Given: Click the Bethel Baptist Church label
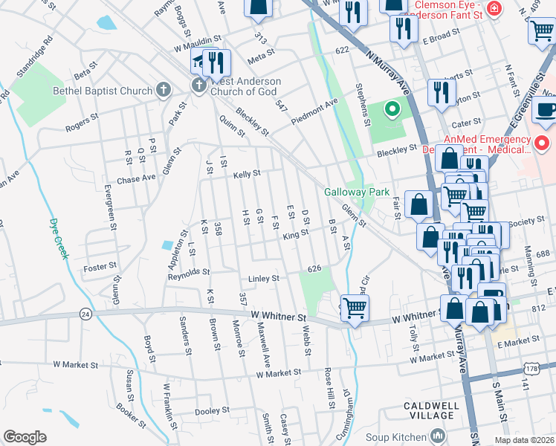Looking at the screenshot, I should click(102, 91).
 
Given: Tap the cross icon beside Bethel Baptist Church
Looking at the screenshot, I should click(164, 91).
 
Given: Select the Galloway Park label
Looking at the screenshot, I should click(357, 192).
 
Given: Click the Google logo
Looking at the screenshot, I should click(25, 436).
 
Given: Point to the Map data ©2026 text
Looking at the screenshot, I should click(523, 440).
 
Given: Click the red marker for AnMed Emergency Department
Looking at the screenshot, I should click(542, 142).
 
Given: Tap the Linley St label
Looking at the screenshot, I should click(263, 279).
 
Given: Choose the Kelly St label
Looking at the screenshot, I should click(247, 174).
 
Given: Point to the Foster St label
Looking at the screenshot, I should click(100, 266).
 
